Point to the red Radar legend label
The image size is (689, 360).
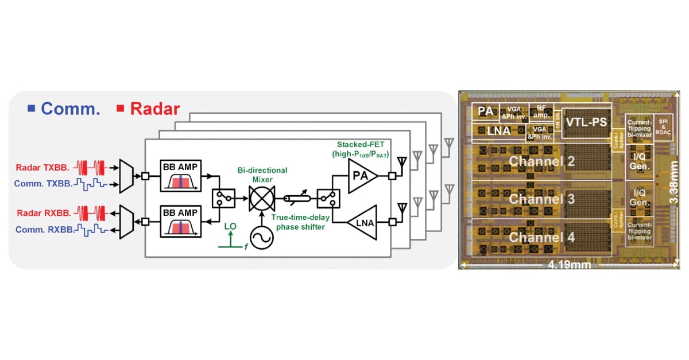pos(148,109)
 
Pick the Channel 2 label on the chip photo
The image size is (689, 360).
pos(542,161)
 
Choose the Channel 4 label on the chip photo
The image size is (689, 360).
pos(542,237)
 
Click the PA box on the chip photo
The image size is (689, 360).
pos(486,111)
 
